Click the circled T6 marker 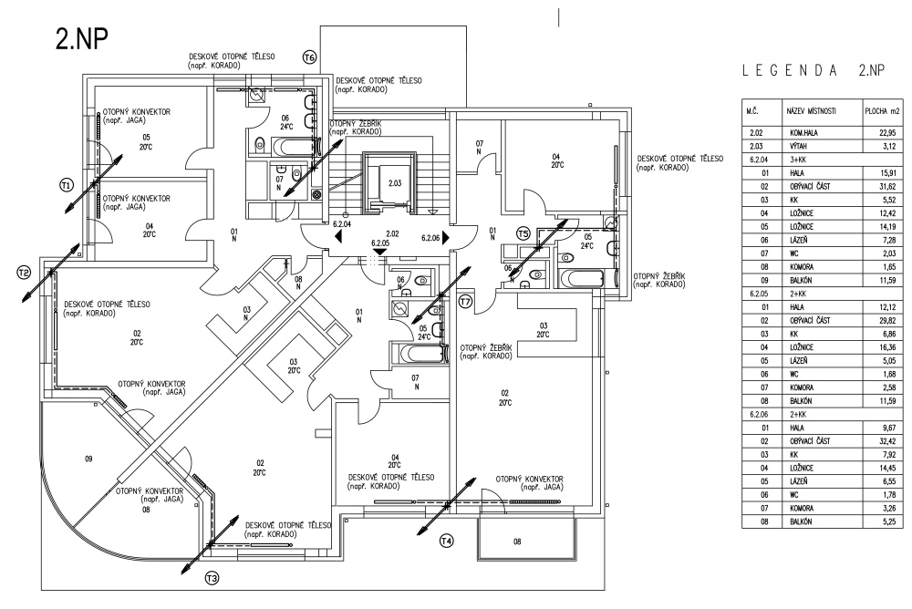click(x=309, y=57)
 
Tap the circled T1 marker click(x=65, y=185)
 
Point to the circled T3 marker click(x=212, y=576)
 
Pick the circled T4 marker click(x=446, y=542)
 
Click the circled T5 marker click(x=523, y=232)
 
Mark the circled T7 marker click(x=465, y=301)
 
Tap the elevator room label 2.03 click(x=394, y=183)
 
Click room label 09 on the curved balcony click(x=88, y=459)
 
